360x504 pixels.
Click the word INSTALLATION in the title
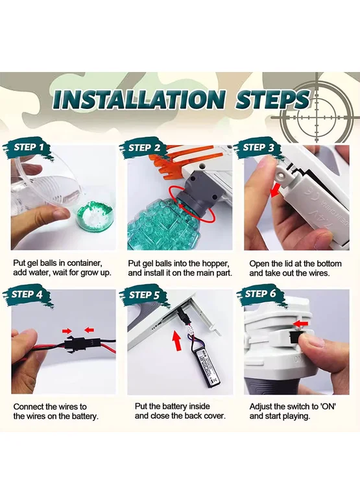pyautogui.click(x=139, y=99)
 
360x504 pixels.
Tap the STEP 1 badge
pyautogui.click(x=29, y=149)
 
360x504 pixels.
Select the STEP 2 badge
pyautogui.click(x=144, y=149)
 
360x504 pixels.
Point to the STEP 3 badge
pyautogui.click(x=259, y=149)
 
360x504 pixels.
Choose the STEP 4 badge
pyautogui.click(x=27, y=294)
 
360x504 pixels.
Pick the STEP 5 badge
pyautogui.click(x=144, y=294)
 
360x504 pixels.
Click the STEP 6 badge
pyautogui.click(x=260, y=294)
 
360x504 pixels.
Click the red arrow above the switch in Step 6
pyautogui.click(x=301, y=324)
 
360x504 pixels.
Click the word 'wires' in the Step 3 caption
pyautogui.click(x=318, y=273)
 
